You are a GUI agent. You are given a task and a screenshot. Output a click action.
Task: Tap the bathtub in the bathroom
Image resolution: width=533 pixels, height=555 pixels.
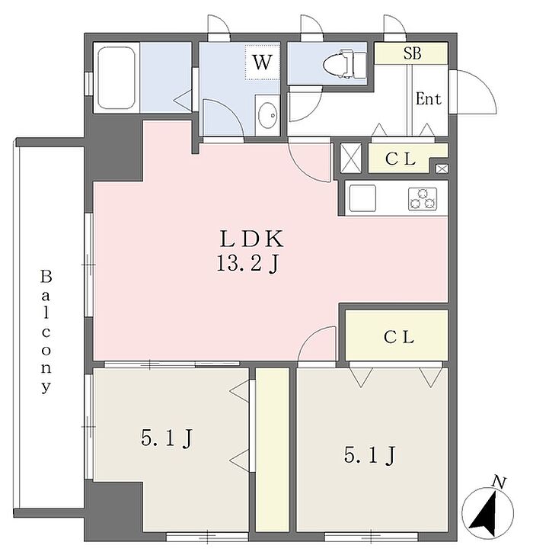pos(116,78)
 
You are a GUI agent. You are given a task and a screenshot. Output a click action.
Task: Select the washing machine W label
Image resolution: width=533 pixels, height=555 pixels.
pos(262,63)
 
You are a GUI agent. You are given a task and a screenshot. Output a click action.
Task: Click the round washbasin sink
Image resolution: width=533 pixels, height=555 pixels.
pos(267,115)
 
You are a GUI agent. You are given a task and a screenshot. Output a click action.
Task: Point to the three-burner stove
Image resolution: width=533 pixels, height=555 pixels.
pos(423,199)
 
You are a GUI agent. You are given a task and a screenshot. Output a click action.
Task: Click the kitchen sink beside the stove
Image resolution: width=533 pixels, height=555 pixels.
pos(362,198)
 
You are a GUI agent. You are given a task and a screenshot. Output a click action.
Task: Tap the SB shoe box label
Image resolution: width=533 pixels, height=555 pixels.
pos(412,53)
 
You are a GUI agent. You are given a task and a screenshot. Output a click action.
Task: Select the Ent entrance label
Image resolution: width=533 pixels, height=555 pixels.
pos(429,99)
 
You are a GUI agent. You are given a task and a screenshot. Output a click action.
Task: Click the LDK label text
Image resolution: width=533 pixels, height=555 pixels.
pos(252,239)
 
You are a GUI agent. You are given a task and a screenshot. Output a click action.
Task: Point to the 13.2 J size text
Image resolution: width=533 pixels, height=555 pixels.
pos(248,264)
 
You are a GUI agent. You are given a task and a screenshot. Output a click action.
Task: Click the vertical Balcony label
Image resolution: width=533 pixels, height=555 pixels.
pos(46,332)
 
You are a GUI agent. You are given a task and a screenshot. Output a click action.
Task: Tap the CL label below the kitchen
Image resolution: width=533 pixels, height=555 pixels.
pos(399,337)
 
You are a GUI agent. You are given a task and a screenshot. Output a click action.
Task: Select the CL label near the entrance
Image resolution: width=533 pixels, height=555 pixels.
pos(401,159)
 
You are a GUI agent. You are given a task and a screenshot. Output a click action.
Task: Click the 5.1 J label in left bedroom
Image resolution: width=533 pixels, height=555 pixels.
pos(167,439)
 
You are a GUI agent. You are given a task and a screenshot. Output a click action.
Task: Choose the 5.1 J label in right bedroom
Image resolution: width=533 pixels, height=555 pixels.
pos(370,455)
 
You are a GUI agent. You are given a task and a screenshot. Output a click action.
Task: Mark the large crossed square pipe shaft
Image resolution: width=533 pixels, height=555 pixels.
pos(350,158)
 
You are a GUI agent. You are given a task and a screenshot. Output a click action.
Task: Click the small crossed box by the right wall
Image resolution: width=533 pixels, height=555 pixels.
pos(442,168)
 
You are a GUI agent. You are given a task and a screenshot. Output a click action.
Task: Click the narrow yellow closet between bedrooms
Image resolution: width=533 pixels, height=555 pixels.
pos(273,450)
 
